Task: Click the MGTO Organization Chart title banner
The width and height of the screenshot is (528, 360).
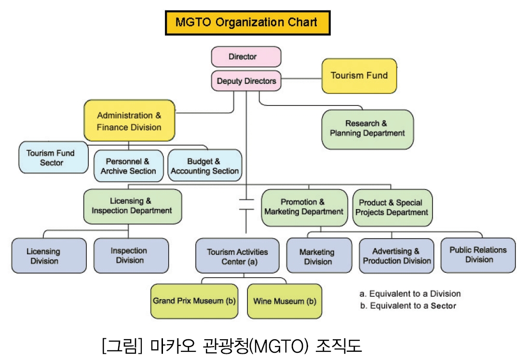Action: pyautogui.click(x=248, y=23)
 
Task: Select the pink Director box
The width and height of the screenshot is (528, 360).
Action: pyautogui.click(x=246, y=56)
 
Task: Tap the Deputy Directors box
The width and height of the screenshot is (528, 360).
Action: pyautogui.click(x=246, y=81)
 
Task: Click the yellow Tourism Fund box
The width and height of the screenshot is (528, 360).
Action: pyautogui.click(x=359, y=76)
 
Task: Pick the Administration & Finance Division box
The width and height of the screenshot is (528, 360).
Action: pyautogui.click(x=129, y=120)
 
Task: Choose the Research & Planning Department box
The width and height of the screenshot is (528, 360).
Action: pyautogui.click(x=367, y=129)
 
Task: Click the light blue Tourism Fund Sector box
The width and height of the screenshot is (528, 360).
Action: pyautogui.click(x=54, y=158)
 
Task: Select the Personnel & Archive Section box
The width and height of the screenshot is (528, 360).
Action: pyautogui.click(x=129, y=166)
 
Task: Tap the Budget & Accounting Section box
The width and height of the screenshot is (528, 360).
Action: pyautogui.click(x=205, y=165)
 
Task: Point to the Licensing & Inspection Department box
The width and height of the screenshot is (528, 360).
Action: pyautogui.click(x=133, y=206)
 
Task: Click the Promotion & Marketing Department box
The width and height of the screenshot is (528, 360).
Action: pyautogui.click(x=304, y=207)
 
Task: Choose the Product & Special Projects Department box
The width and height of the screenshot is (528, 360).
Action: pyautogui.click(x=393, y=207)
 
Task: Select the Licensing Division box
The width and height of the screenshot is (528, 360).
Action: pyautogui.click(x=49, y=256)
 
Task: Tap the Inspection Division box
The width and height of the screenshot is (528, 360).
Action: pyautogui.click(x=131, y=255)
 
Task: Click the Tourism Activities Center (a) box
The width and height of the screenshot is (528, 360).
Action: pyautogui.click(x=237, y=256)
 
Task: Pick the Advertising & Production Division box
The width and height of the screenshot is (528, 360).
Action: pyautogui.click(x=396, y=256)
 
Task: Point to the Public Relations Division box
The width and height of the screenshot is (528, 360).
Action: pyautogui.click(x=478, y=255)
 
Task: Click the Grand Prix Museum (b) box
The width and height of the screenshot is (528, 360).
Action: pyautogui.click(x=194, y=301)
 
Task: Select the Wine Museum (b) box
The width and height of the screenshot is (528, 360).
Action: pyautogui.click(x=284, y=301)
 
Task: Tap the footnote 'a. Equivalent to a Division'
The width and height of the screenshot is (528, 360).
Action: pyautogui.click(x=410, y=293)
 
